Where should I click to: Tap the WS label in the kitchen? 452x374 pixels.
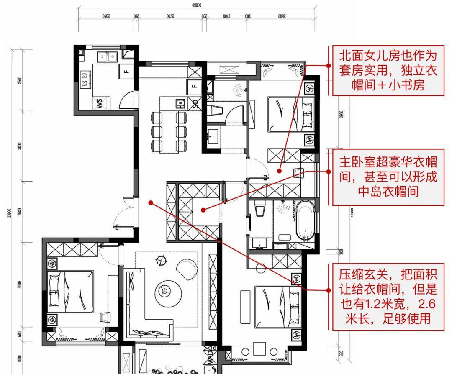99,103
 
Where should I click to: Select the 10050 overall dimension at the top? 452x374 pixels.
197,5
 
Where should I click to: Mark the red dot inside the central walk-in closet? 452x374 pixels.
203,210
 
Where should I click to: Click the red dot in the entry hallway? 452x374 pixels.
151,202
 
